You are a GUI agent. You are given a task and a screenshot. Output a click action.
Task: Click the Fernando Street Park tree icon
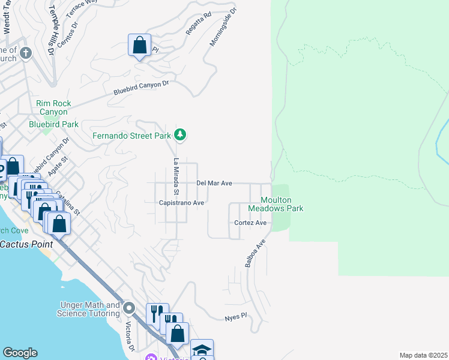click(179, 134)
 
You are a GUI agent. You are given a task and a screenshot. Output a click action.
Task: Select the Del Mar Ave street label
click(214, 183)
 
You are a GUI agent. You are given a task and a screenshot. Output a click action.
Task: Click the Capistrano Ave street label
click(182, 203)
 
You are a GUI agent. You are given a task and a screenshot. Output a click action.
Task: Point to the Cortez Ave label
click(250, 223)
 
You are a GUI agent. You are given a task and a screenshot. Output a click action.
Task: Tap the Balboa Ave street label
click(255, 254)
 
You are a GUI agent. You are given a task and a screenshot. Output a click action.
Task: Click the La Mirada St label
click(176, 176)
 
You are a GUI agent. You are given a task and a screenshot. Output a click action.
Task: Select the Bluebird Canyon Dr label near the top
click(141, 88)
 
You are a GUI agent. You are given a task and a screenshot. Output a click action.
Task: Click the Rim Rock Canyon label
click(53, 107)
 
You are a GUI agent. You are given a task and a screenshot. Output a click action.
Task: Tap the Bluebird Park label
click(53, 124)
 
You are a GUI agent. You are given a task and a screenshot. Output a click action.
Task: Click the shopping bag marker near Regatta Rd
click(139, 46)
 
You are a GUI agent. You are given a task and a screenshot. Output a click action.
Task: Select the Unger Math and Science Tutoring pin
click(129, 308)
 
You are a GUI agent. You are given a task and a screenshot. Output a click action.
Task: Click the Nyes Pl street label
click(235, 316)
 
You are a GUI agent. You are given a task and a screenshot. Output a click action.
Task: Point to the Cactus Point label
click(26, 244)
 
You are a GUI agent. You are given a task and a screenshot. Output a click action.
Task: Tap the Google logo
click(20, 353)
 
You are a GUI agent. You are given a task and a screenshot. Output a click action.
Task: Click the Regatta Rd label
click(199, 23)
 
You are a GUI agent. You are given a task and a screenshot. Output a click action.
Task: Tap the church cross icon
click(25, 53)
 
